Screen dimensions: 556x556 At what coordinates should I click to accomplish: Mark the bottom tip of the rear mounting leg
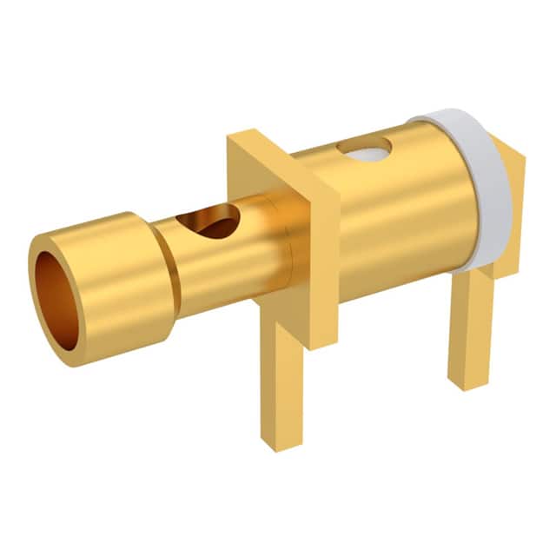point(469,382)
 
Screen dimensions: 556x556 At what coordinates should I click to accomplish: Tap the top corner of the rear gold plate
point(522,156)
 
